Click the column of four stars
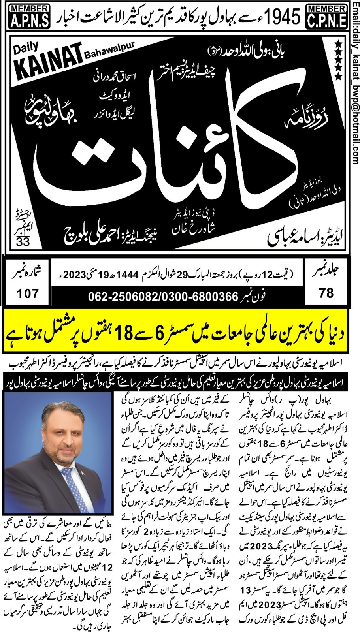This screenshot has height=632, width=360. [x=338, y=59]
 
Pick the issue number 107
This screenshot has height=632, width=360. [x=28, y=293]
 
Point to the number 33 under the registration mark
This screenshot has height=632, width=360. [x=23, y=241]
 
